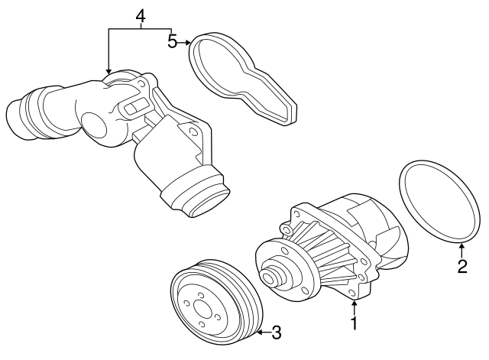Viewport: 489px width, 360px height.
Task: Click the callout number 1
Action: click(354, 323)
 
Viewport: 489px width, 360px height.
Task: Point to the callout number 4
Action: click(140, 15)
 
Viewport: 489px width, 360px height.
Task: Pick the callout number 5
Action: click(173, 41)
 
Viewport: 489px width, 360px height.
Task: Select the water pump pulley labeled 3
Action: click(213, 306)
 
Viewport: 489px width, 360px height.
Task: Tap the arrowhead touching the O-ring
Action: click(461, 245)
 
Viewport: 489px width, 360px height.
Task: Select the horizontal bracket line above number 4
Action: click(140, 28)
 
